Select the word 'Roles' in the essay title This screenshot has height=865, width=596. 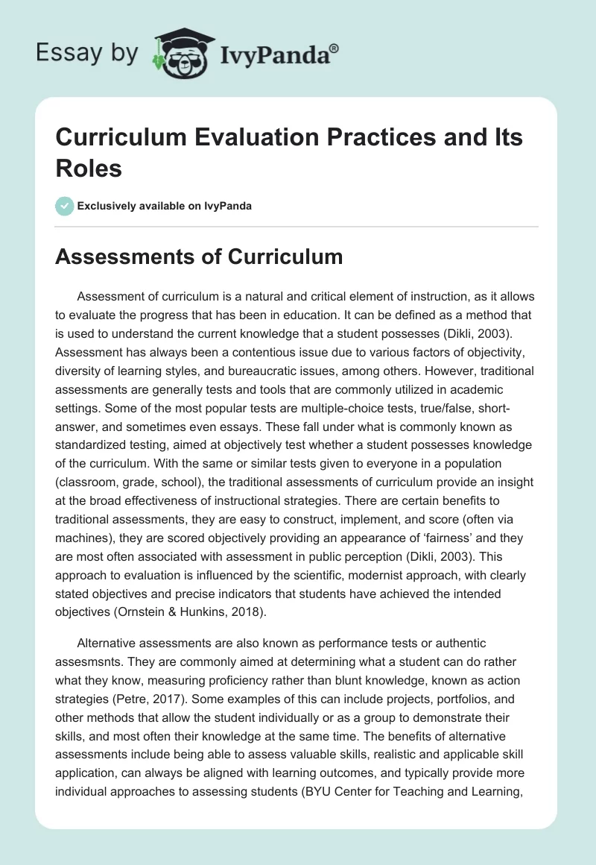(x=89, y=168)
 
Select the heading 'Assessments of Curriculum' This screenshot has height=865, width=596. (x=200, y=257)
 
